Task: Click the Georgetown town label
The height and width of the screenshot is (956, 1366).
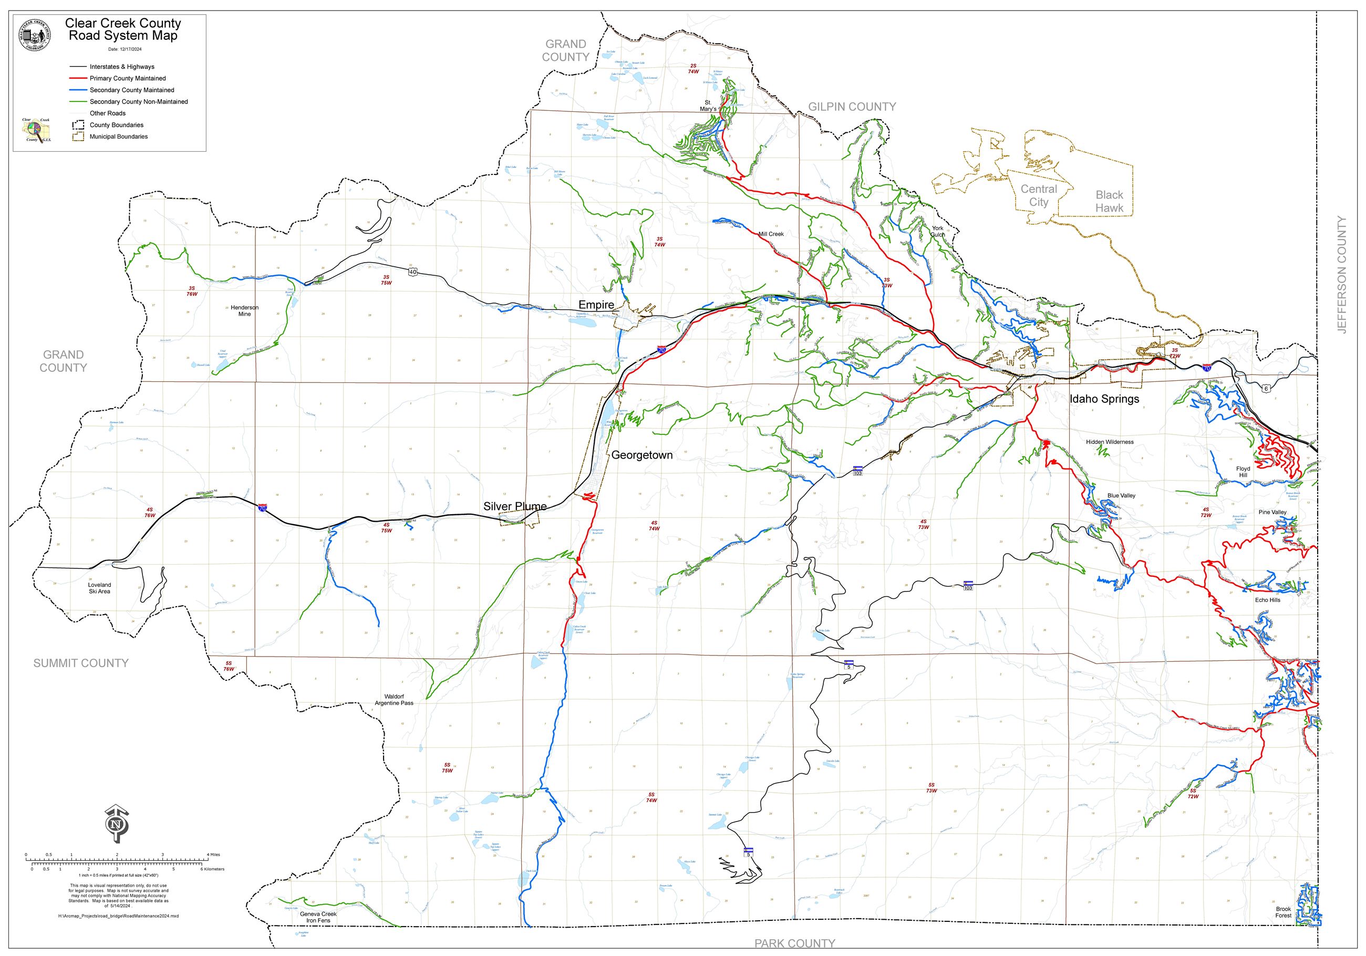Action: pyautogui.click(x=642, y=455)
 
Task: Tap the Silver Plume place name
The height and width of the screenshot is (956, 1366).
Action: pyautogui.click(x=515, y=506)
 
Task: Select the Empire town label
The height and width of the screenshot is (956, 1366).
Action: pyautogui.click(x=596, y=305)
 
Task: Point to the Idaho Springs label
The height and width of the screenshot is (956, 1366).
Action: pyautogui.click(x=1104, y=399)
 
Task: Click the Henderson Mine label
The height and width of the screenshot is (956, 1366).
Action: pyautogui.click(x=244, y=310)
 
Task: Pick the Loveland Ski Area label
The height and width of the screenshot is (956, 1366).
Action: pyautogui.click(x=99, y=588)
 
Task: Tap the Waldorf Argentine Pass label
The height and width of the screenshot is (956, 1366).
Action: pyautogui.click(x=394, y=700)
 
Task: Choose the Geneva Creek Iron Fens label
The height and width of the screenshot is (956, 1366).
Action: pyautogui.click(x=318, y=917)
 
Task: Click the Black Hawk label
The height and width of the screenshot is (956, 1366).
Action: pyautogui.click(x=1109, y=201)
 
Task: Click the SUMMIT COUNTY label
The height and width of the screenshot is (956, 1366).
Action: pyautogui.click(x=81, y=663)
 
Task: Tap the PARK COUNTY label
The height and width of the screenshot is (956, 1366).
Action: pyautogui.click(x=794, y=943)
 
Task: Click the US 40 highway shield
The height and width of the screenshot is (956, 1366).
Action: pyautogui.click(x=413, y=272)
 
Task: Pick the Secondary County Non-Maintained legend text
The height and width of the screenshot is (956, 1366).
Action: pyautogui.click(x=139, y=102)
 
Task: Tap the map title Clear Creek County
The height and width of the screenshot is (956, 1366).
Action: pyautogui.click(x=122, y=23)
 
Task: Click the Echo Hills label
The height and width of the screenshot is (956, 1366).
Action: pyautogui.click(x=1267, y=600)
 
